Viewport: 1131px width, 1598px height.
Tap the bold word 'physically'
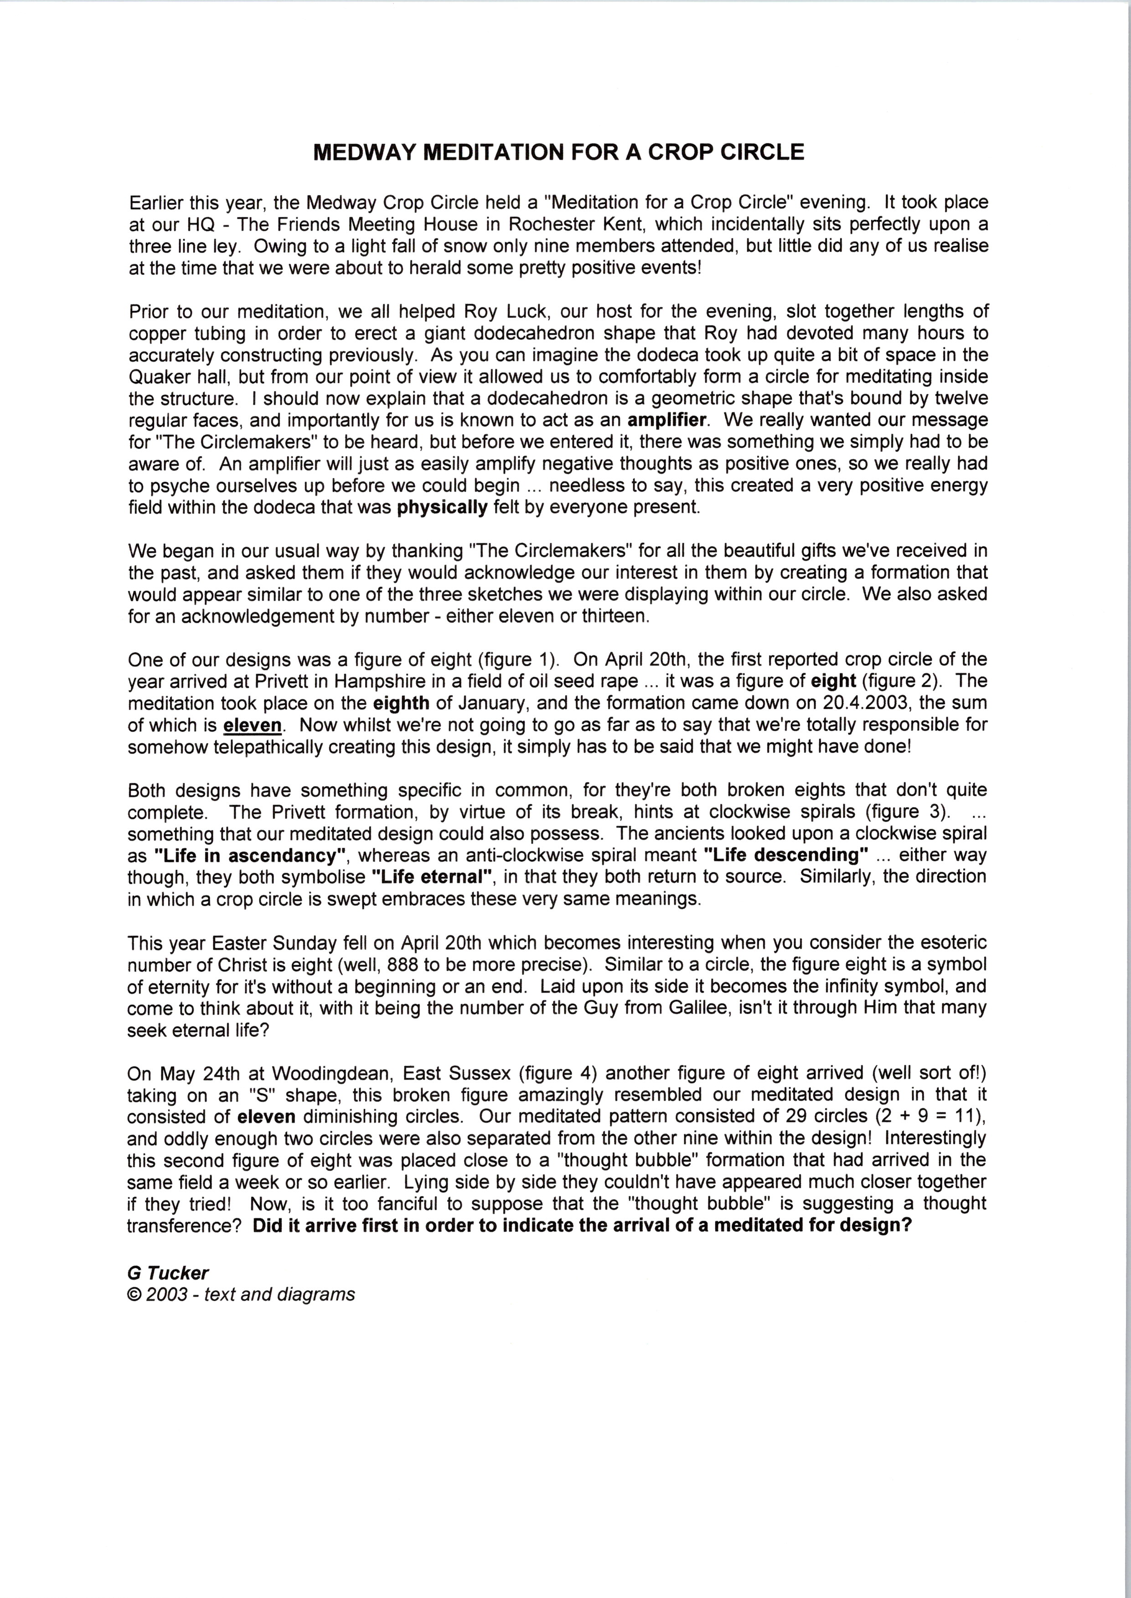(442, 507)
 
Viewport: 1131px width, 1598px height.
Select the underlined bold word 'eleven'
(252, 725)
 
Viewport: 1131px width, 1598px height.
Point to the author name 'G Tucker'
(168, 1273)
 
